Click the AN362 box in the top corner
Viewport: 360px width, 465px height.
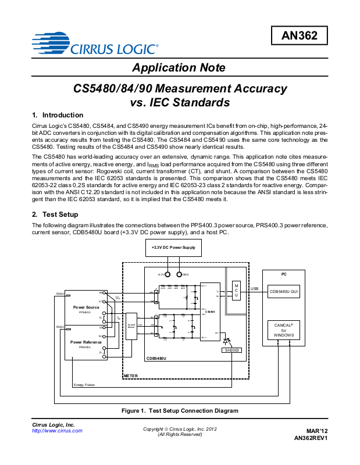click(x=300, y=36)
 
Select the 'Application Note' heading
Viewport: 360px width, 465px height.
click(x=179, y=68)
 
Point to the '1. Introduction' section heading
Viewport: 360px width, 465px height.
click(x=58, y=115)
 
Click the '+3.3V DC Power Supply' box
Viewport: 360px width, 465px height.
click(x=173, y=248)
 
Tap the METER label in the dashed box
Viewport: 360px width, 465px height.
click(x=131, y=377)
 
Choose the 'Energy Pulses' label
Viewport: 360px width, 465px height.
click(x=84, y=385)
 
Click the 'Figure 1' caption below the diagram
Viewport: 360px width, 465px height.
click(x=180, y=410)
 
